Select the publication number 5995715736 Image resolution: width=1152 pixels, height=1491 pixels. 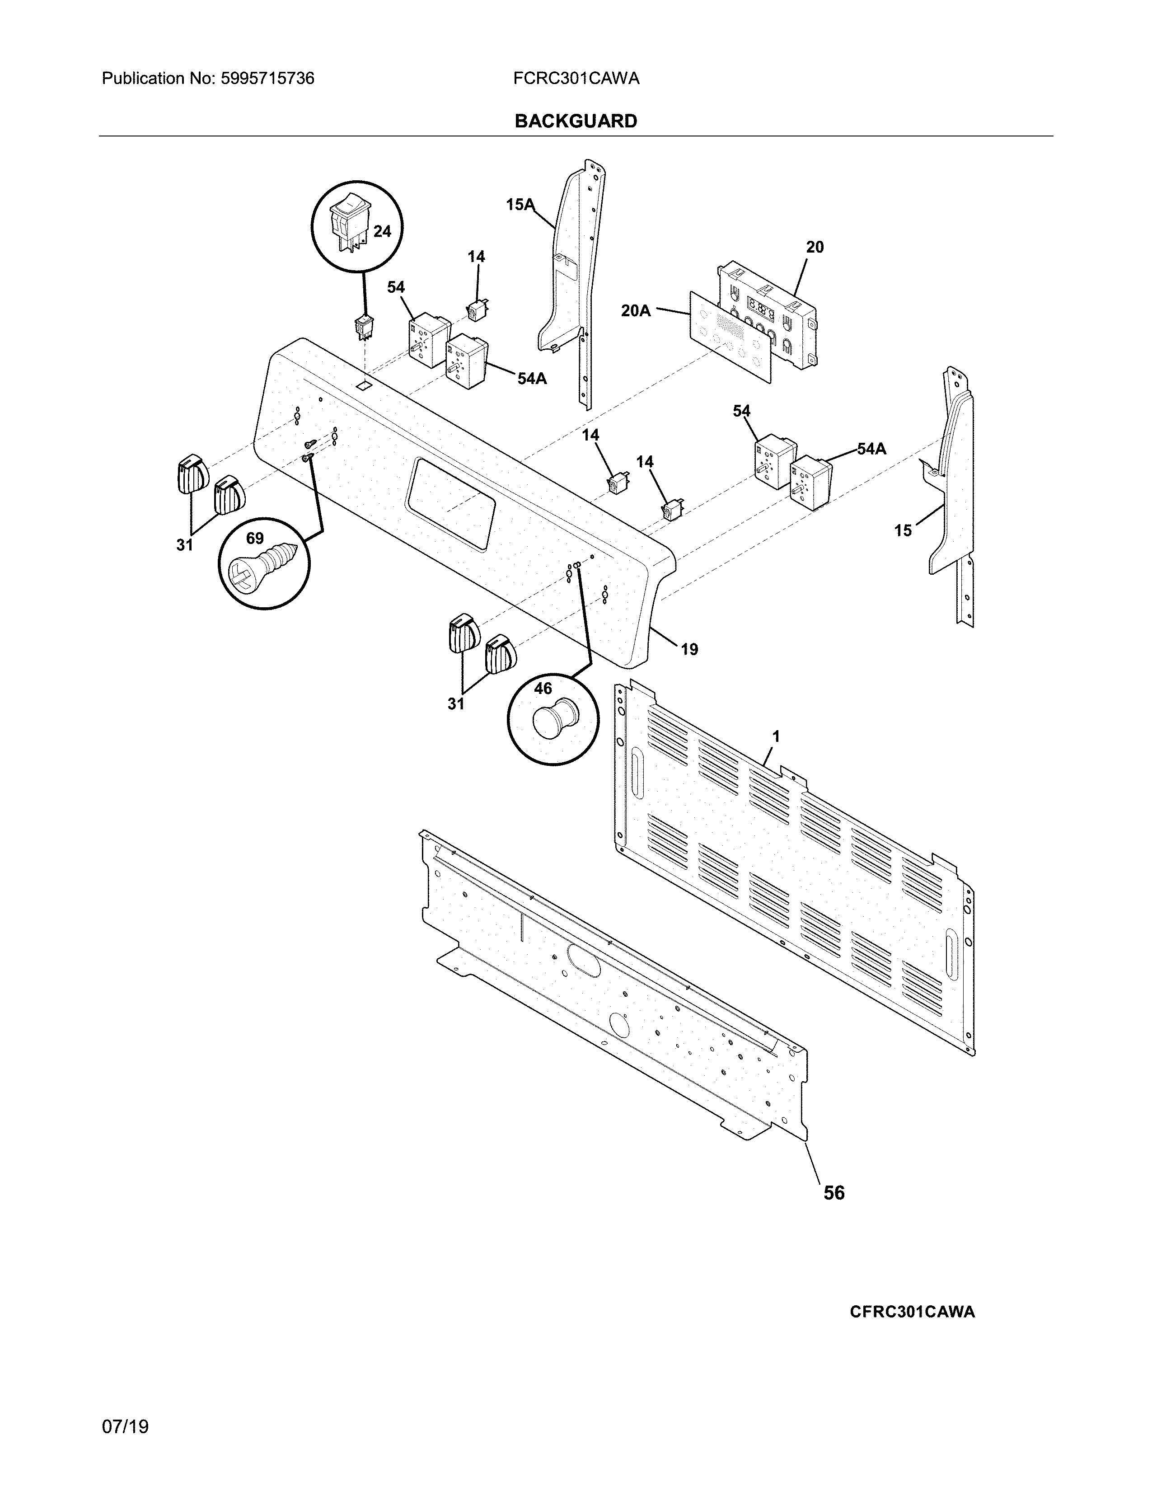pyautogui.click(x=267, y=79)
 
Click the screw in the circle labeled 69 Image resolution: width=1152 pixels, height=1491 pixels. pyautogui.click(x=265, y=567)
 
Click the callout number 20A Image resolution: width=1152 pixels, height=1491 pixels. pyautogui.click(x=635, y=311)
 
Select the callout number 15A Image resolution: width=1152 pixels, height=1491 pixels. pyautogui.click(x=520, y=204)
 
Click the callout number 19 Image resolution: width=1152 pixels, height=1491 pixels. pyautogui.click(x=689, y=649)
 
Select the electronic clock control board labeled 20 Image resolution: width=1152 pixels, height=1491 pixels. pyautogui.click(x=768, y=314)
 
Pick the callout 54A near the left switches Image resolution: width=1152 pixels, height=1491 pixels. pyautogui.click(x=532, y=378)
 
